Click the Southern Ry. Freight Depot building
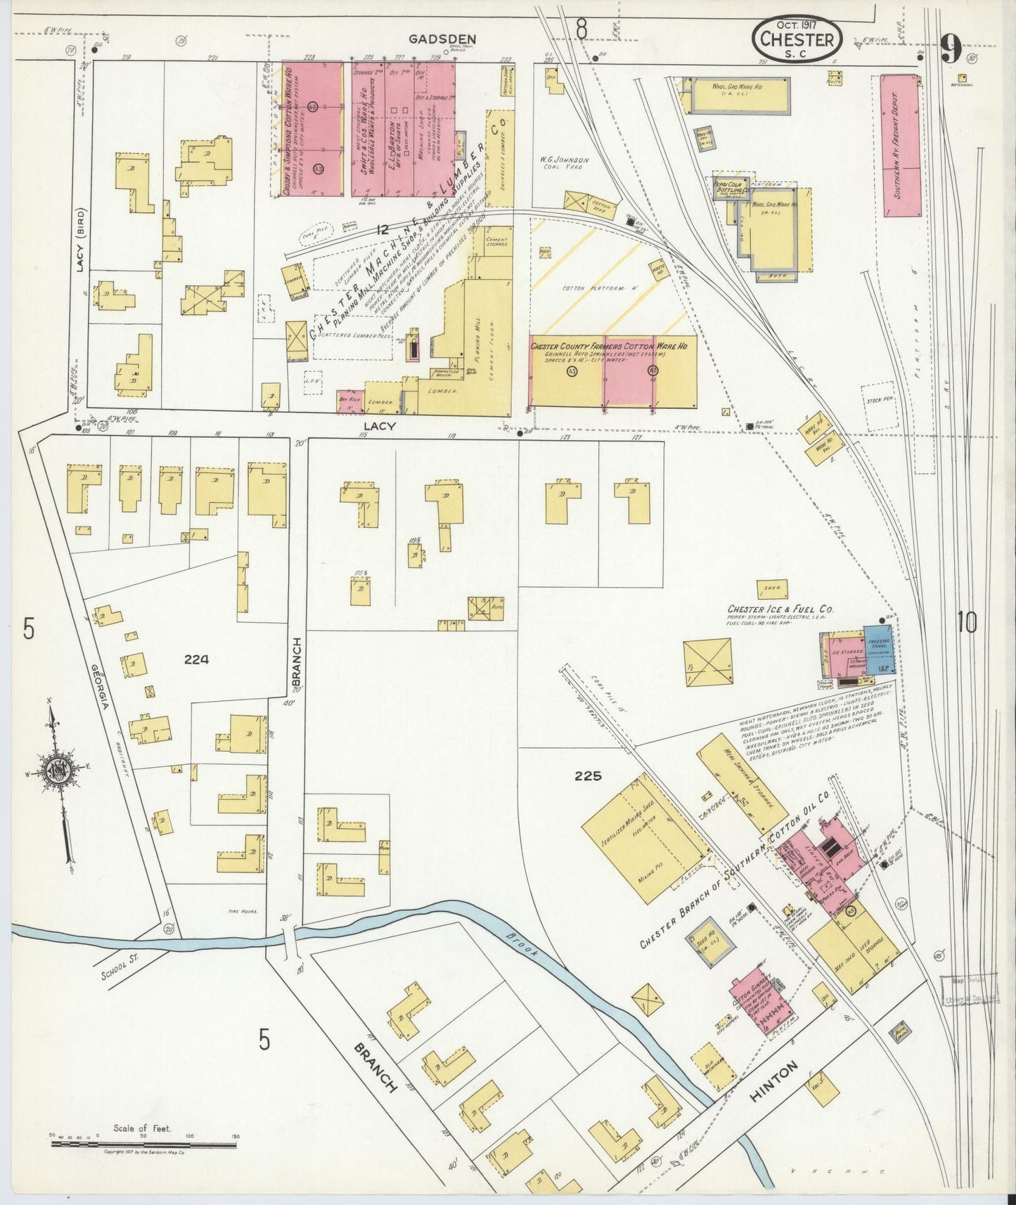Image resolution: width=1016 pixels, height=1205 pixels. pos(901,145)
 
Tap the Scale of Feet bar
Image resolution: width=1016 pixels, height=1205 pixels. pos(143,1145)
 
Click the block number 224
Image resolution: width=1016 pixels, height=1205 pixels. pos(196,659)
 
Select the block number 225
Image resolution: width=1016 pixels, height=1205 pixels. pos(588,776)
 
